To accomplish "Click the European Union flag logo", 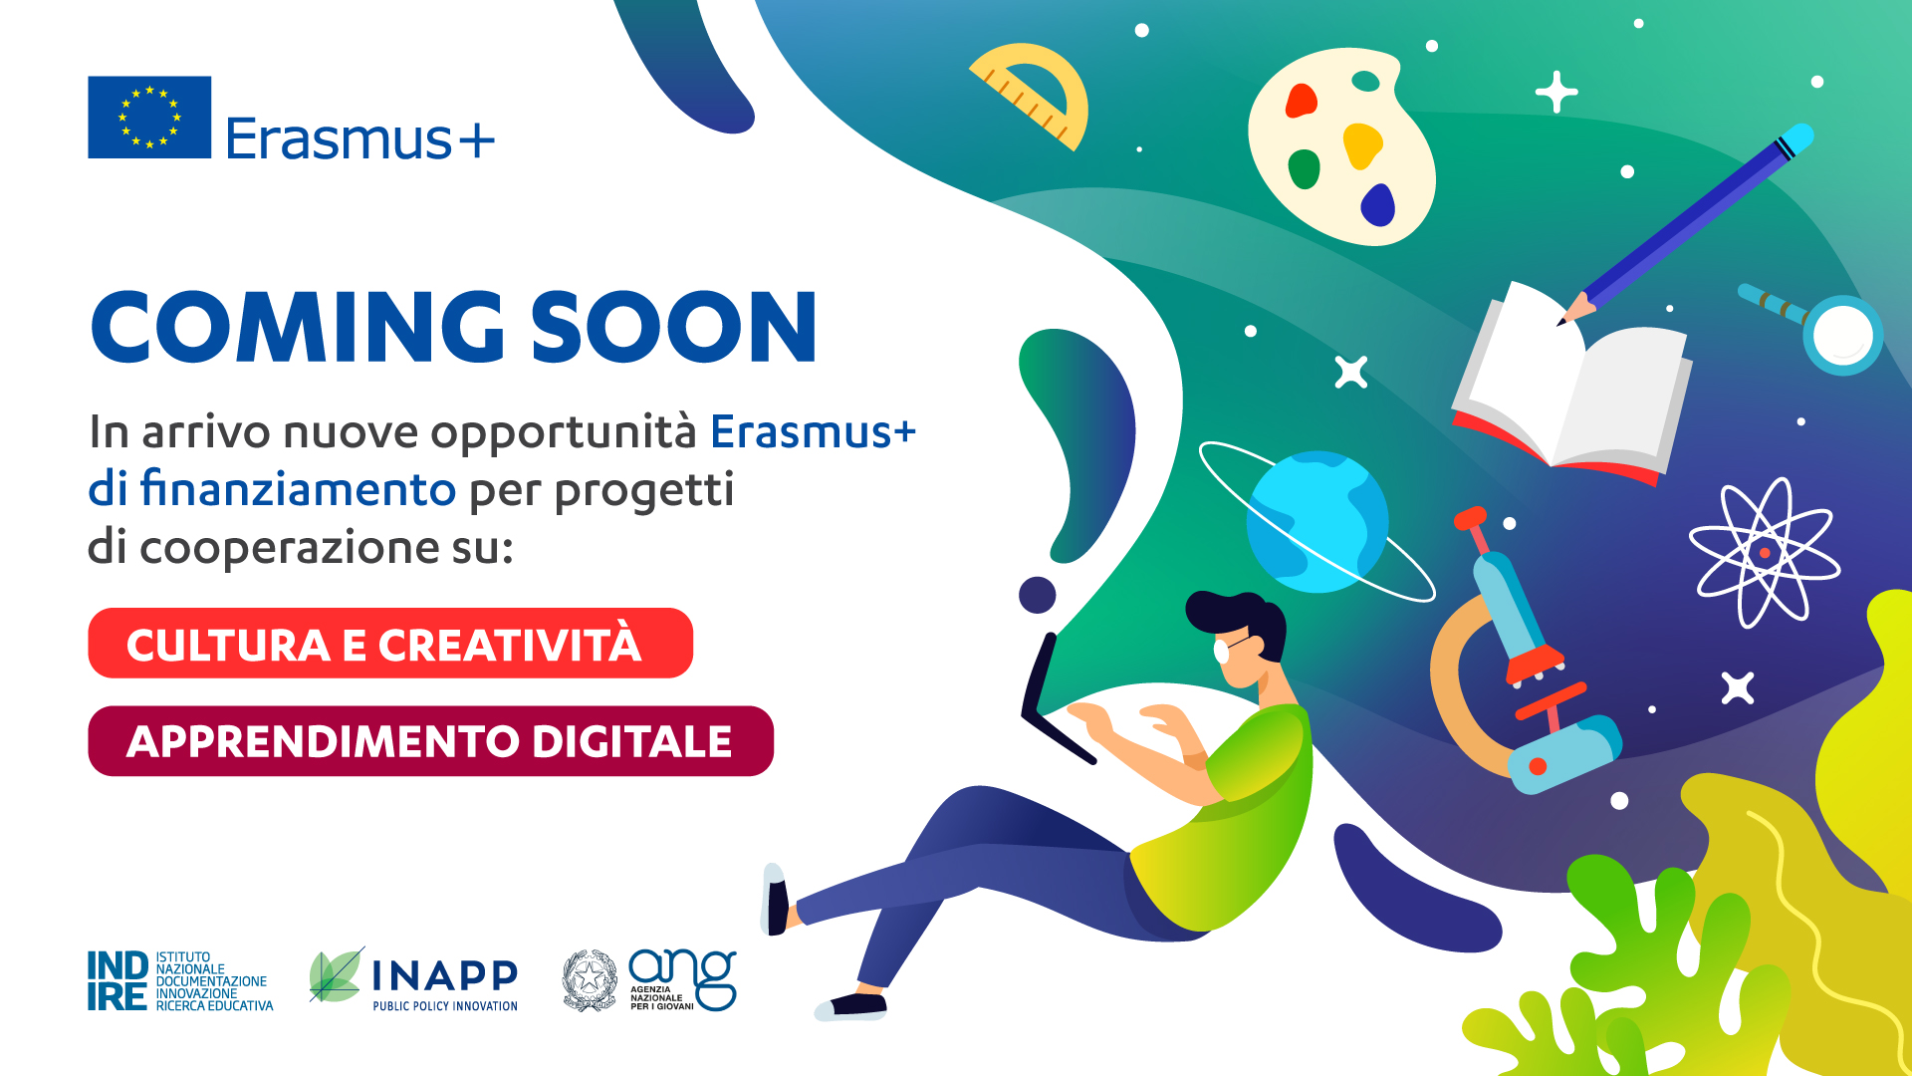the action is click(149, 117).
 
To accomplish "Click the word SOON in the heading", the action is click(674, 328).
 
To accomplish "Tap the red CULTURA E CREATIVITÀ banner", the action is click(390, 643).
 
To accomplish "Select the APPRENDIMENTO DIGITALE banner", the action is click(430, 740).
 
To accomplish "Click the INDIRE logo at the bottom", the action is click(180, 981).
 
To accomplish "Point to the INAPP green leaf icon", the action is click(336, 975).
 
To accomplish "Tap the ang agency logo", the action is click(683, 979).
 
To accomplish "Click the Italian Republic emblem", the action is click(590, 980).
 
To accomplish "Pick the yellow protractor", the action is click(1034, 95).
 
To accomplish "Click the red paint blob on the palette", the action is click(1302, 101).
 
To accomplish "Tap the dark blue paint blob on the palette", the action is click(1378, 205).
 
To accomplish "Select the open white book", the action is click(1572, 385).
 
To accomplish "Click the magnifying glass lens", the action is click(1843, 336).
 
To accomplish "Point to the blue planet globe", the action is click(1317, 522).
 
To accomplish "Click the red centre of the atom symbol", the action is click(1765, 553).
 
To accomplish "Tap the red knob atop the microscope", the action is click(1470, 518).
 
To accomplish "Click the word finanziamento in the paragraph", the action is click(298, 489).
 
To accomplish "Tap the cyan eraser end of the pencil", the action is click(1796, 138).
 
